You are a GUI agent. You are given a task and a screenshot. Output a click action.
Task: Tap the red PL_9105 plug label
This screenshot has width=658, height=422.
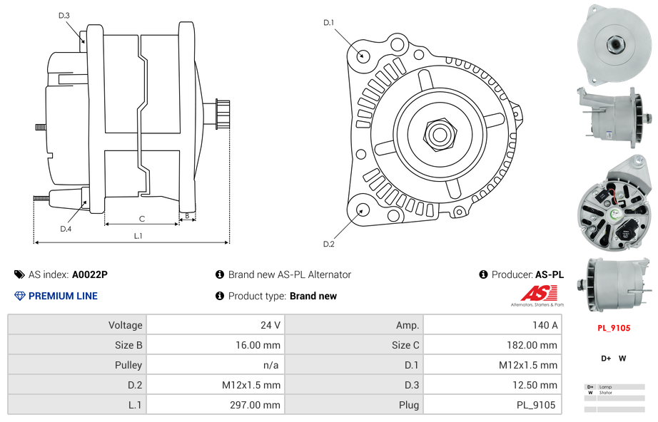click(613, 329)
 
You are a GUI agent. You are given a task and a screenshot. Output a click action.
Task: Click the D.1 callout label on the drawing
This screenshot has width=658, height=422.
click(328, 23)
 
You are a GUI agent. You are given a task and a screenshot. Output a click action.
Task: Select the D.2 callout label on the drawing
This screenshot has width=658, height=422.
click(328, 244)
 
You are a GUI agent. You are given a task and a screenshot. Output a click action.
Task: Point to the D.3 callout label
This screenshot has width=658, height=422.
click(64, 15)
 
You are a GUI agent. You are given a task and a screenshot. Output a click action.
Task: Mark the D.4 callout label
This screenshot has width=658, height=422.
click(66, 229)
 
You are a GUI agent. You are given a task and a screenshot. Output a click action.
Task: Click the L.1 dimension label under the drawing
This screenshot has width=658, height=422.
click(138, 235)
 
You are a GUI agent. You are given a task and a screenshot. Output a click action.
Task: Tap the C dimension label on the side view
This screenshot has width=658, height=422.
click(141, 219)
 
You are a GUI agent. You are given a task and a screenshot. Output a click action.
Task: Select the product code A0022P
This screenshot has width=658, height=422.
click(89, 274)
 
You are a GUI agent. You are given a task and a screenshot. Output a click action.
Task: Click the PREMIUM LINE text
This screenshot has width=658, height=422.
click(63, 296)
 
